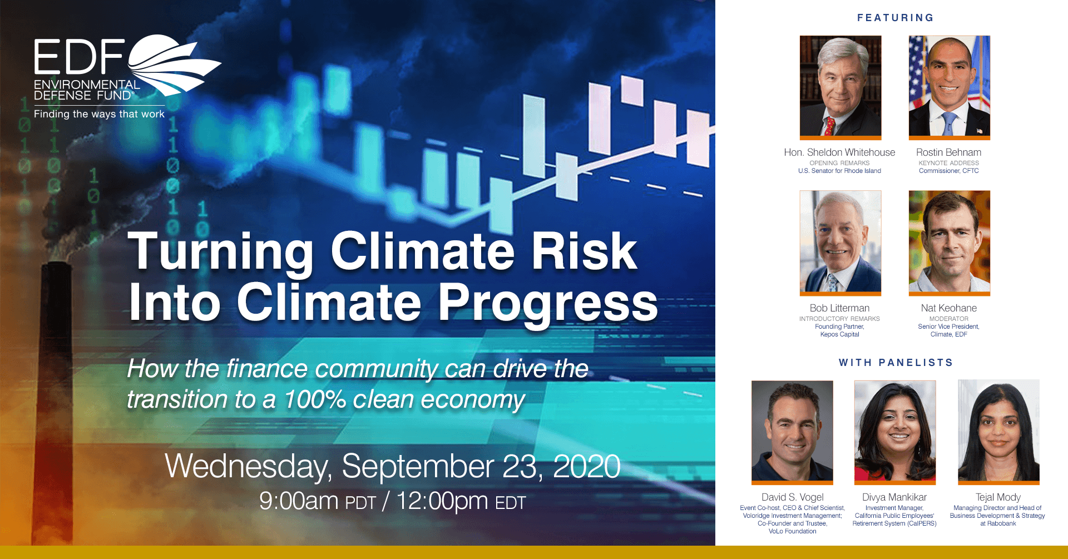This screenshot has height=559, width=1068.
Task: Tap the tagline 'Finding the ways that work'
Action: coord(99,114)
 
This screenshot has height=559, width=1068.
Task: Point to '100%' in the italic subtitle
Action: coord(315,399)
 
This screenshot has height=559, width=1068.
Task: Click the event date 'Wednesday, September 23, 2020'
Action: coord(393,466)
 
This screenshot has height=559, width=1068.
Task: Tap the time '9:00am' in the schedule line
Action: coord(299,501)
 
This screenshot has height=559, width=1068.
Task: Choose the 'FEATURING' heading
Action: coord(896,18)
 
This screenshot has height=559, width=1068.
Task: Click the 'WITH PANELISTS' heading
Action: coord(896,363)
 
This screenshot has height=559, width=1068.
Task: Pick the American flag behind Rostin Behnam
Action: coord(917,72)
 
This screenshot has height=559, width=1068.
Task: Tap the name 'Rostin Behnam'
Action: coord(948,152)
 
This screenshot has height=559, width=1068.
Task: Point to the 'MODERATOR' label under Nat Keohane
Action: coord(949,319)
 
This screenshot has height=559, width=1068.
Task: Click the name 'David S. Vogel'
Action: coord(792,497)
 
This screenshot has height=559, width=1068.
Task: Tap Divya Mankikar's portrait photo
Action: coord(895,432)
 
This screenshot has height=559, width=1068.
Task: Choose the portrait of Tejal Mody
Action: coord(998,432)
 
